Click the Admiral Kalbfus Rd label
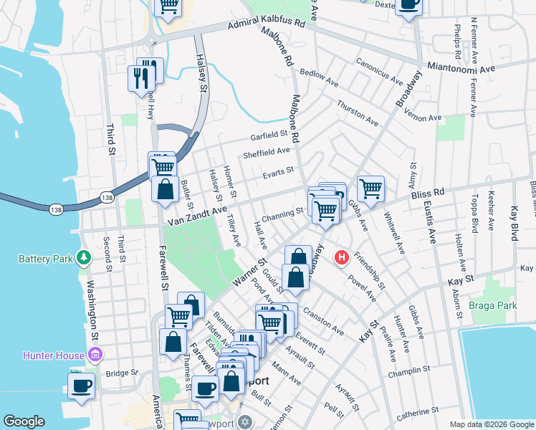267,25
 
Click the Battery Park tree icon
84,257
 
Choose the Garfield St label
268,134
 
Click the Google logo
24,421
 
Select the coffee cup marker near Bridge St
82,385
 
